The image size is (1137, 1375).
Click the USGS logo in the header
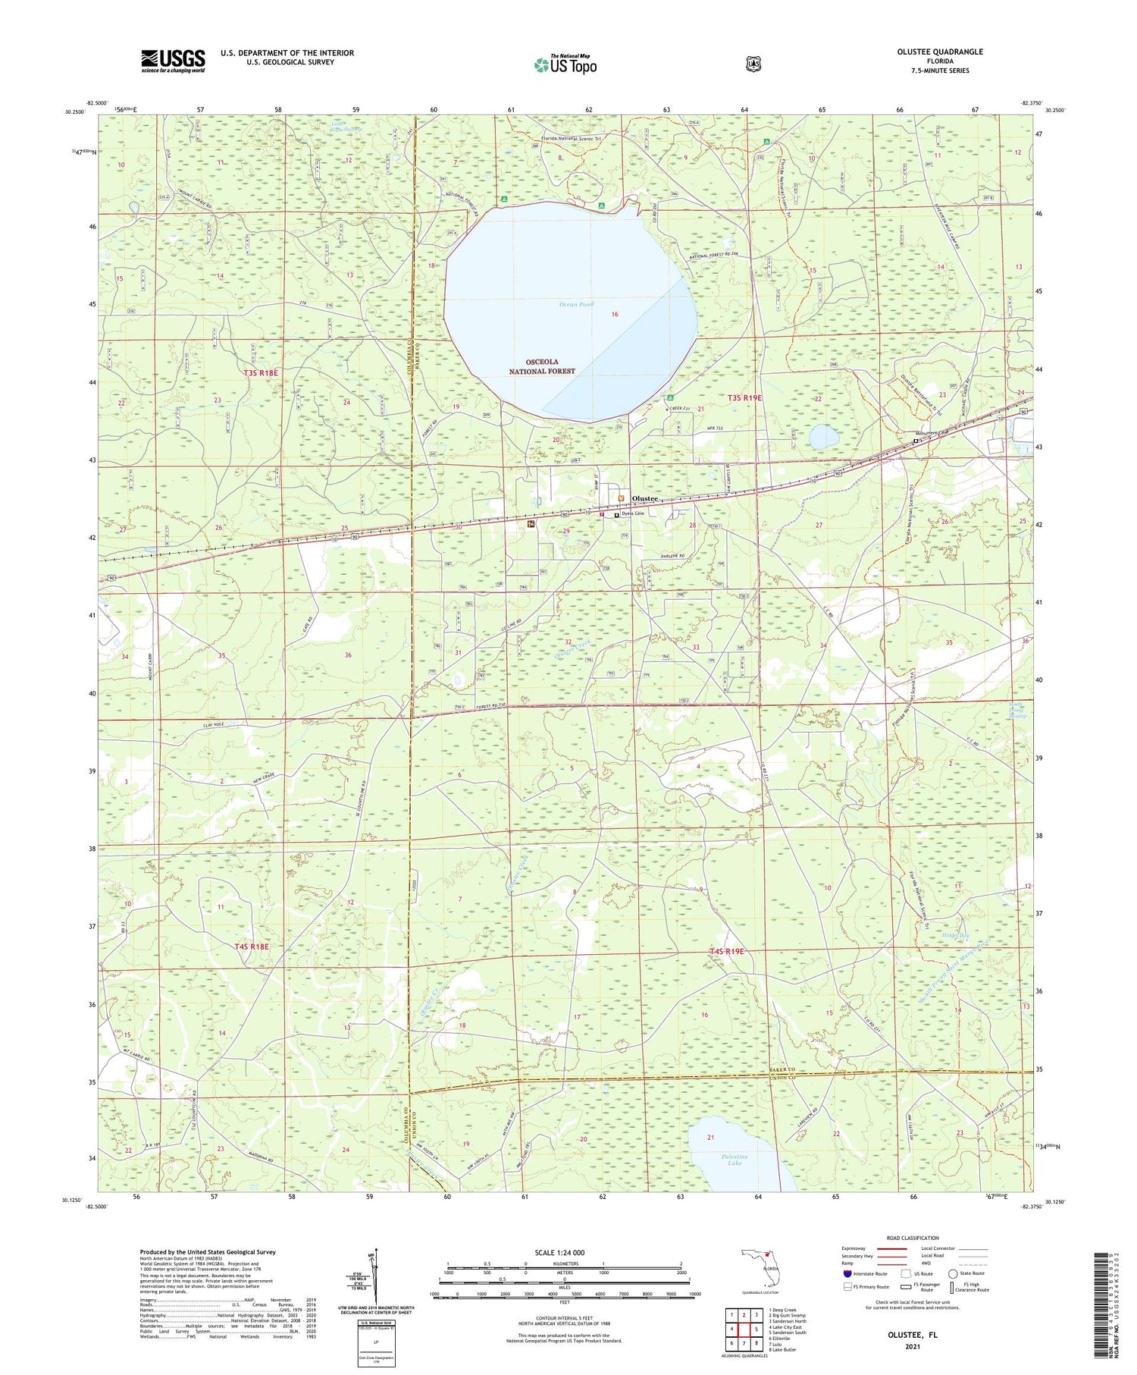pos(173,61)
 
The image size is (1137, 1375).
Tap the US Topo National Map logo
pos(565,64)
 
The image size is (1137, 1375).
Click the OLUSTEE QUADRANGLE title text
pos(940,52)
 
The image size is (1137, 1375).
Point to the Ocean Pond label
pos(576,304)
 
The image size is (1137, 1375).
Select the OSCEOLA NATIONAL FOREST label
pos(542,366)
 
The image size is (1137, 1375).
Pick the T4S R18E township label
pos(252,946)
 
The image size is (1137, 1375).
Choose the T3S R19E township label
pos(744,397)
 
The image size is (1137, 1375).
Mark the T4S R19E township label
pos(727,951)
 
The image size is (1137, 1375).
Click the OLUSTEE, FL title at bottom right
pos(912,1334)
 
